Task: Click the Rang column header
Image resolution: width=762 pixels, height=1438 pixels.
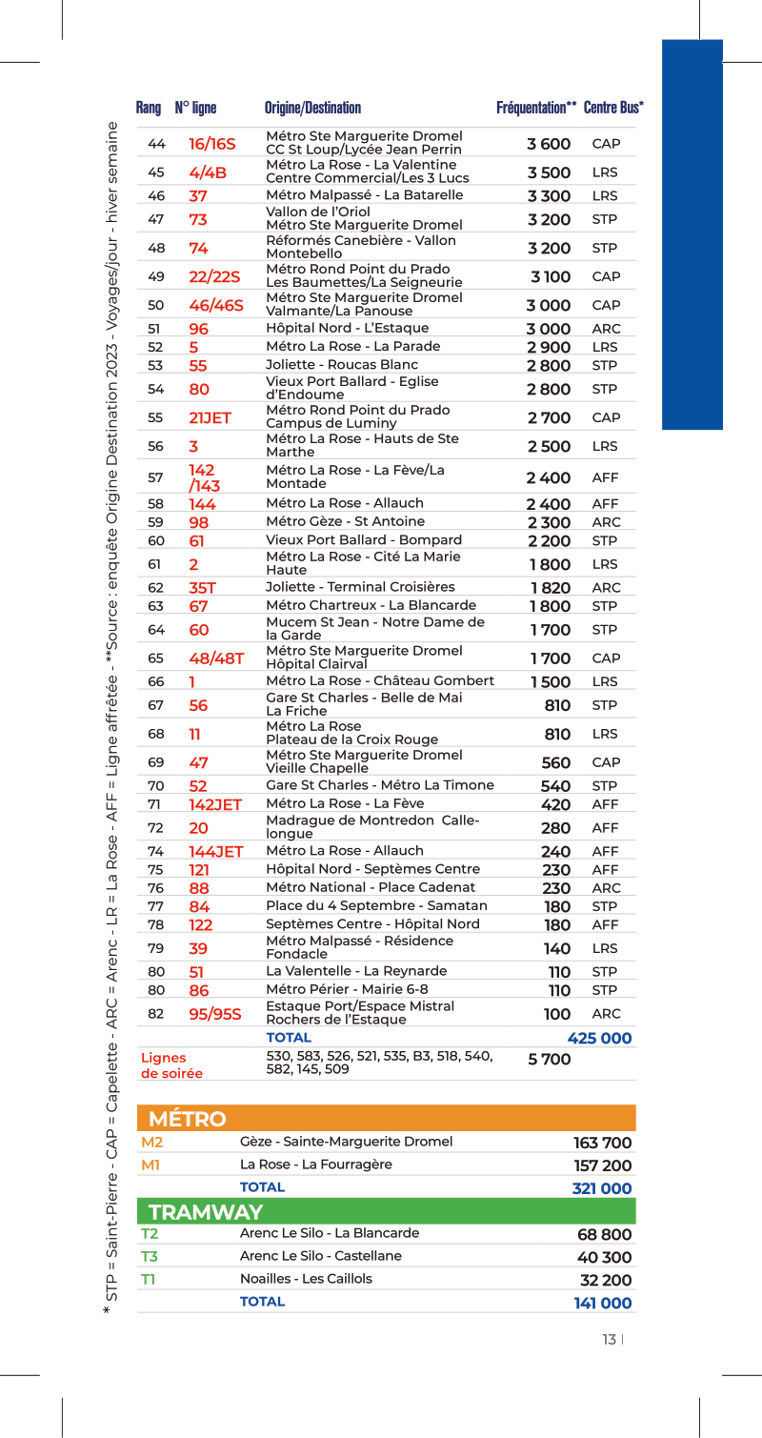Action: click(x=149, y=108)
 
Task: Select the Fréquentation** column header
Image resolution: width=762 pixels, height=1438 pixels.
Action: click(x=536, y=108)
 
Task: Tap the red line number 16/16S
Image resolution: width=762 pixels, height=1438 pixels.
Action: click(x=211, y=144)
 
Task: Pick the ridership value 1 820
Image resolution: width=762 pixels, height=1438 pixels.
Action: click(x=551, y=588)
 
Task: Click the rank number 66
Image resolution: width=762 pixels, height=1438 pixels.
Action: click(x=156, y=681)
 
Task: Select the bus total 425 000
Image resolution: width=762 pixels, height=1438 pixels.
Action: click(x=599, y=1038)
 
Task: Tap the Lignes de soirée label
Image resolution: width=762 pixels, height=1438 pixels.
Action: click(x=171, y=1065)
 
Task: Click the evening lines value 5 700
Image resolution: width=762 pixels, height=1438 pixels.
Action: click(x=550, y=1060)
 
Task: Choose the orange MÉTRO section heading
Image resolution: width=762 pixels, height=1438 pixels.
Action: click(x=189, y=1119)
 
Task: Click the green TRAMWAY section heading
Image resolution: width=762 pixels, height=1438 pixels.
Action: click(x=206, y=1212)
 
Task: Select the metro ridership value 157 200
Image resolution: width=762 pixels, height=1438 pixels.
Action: click(x=602, y=1165)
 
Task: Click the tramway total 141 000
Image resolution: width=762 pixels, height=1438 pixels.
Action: click(x=602, y=1303)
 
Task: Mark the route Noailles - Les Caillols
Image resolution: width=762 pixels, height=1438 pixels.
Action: click(x=306, y=1279)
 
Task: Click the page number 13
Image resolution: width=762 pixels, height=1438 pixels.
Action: click(x=609, y=1340)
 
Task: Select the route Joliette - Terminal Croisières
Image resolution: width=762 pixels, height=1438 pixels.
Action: click(x=360, y=587)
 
